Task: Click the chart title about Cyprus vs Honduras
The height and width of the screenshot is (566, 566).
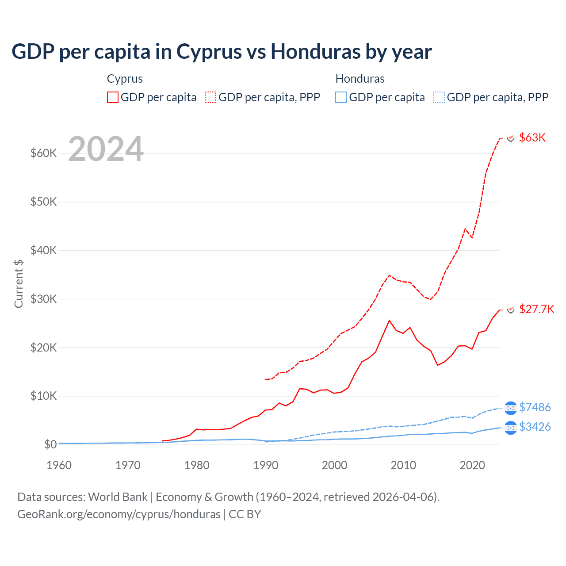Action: click(222, 52)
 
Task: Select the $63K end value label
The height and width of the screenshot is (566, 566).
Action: click(532, 138)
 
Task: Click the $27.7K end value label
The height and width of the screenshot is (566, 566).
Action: click(536, 309)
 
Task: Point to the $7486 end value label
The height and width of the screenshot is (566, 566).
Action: click(535, 407)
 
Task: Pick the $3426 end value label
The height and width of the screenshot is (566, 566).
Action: click(535, 427)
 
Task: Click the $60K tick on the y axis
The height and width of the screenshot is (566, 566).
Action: click(43, 153)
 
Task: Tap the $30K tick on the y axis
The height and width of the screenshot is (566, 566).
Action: click(43, 299)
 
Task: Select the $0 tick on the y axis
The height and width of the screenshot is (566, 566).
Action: click(50, 444)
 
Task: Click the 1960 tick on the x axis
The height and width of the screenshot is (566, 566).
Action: click(59, 465)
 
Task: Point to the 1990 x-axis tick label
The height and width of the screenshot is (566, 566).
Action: click(266, 465)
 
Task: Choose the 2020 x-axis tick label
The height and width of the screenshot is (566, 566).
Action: click(472, 465)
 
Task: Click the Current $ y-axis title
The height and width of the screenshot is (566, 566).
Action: click(19, 283)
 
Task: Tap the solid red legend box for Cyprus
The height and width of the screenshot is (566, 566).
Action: click(113, 97)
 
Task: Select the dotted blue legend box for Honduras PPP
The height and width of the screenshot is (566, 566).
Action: click(439, 97)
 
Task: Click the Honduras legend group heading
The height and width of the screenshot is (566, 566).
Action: click(360, 79)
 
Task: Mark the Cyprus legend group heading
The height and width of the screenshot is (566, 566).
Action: click(125, 79)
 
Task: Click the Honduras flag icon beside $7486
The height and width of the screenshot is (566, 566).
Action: click(510, 408)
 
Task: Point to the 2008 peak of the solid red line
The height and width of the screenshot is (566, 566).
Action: click(389, 321)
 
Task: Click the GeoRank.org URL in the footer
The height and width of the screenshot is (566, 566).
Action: click(119, 514)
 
